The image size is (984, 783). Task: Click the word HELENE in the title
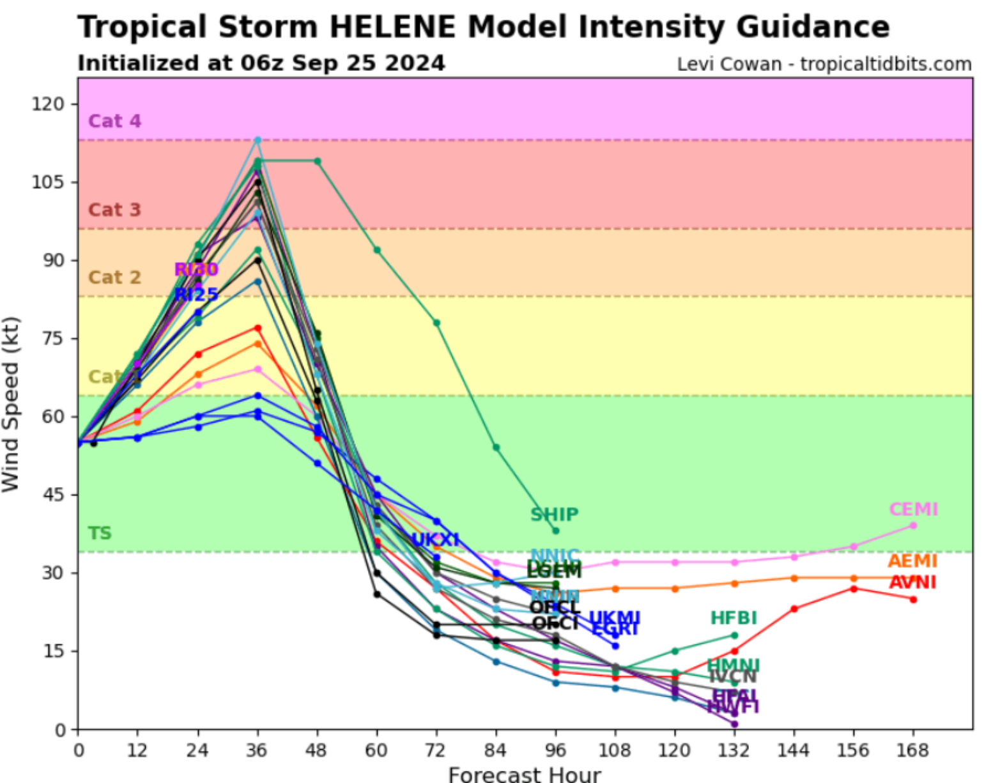pyautogui.click(x=392, y=27)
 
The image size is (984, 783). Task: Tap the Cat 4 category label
pyautogui.click(x=114, y=121)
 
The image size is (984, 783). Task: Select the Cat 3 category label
pyautogui.click(x=114, y=210)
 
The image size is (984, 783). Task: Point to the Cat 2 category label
pyautogui.click(x=114, y=277)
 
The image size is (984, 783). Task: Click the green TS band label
pyautogui.click(x=100, y=533)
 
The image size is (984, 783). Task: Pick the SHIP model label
pyautogui.click(x=554, y=515)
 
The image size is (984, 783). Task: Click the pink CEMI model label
pyautogui.click(x=913, y=509)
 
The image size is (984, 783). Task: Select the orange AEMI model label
pyautogui.click(x=912, y=561)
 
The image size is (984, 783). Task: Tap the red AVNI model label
pyautogui.click(x=912, y=582)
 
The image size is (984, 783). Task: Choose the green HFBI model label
pyautogui.click(x=734, y=618)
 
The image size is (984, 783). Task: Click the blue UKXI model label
pyautogui.click(x=435, y=540)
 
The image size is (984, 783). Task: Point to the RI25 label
pyautogui.click(x=196, y=295)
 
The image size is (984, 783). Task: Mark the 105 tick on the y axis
pyautogui.click(x=49, y=182)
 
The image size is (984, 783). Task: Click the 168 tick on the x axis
pyautogui.click(x=913, y=750)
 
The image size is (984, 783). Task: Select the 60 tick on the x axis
pyautogui.click(x=376, y=750)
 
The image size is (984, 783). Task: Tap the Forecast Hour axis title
pyautogui.click(x=525, y=774)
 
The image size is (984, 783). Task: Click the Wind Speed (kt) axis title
pyautogui.click(x=11, y=404)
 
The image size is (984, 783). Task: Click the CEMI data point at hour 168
pyautogui.click(x=913, y=525)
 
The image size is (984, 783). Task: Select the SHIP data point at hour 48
pyautogui.click(x=318, y=161)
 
